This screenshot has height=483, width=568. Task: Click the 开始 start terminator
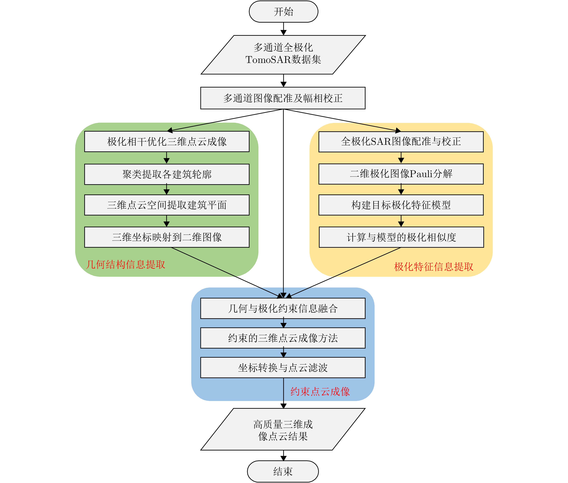[x=283, y=12]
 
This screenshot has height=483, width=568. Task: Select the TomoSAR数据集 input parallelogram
[x=283, y=55]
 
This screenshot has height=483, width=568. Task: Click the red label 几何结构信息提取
[x=125, y=265]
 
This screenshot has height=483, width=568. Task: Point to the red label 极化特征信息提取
[x=434, y=267]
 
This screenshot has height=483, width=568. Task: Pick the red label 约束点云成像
[x=320, y=392]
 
